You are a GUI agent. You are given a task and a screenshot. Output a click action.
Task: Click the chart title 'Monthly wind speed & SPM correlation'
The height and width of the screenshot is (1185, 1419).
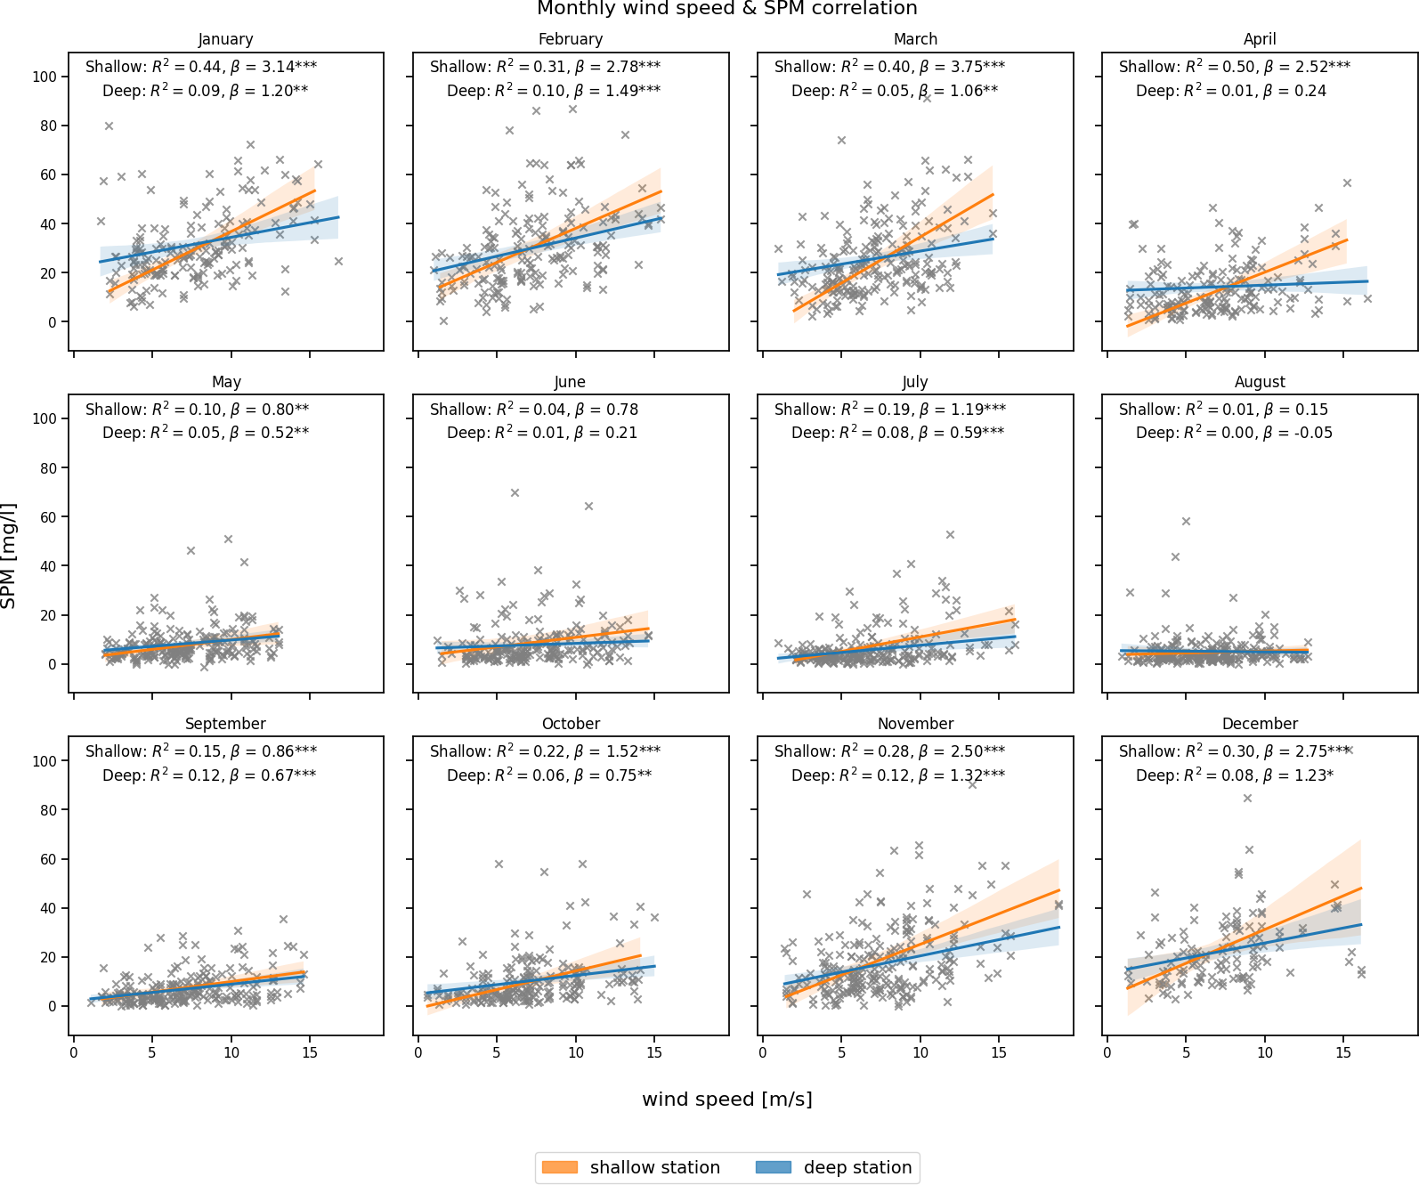click(x=726, y=9)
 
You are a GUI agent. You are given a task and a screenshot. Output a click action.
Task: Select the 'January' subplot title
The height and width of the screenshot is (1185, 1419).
click(x=225, y=39)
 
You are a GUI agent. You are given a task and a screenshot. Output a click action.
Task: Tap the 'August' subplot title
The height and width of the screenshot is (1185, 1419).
click(x=1260, y=382)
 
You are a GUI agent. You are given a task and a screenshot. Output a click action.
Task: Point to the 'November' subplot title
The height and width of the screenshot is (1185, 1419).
click(x=915, y=724)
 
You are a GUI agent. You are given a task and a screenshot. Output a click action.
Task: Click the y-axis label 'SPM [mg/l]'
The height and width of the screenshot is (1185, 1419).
click(x=9, y=556)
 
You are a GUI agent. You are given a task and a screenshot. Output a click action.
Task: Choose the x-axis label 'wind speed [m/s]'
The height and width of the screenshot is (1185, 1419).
click(x=726, y=1100)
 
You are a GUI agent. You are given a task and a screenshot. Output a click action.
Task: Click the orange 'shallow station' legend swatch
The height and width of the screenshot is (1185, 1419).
click(x=559, y=1167)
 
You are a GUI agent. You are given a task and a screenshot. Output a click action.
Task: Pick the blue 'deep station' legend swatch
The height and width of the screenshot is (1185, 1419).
click(x=773, y=1167)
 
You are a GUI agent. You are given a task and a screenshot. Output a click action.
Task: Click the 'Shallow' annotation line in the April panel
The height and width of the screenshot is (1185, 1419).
click(x=1234, y=67)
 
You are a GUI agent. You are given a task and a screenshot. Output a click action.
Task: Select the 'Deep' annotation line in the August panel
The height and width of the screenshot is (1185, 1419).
click(x=1234, y=433)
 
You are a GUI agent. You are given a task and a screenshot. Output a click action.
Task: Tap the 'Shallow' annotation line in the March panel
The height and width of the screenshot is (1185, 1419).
click(x=889, y=67)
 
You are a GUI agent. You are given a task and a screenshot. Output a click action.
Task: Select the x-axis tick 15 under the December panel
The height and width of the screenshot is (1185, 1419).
click(x=1343, y=1052)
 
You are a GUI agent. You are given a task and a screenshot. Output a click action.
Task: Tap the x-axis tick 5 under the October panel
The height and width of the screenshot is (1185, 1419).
click(x=497, y=1052)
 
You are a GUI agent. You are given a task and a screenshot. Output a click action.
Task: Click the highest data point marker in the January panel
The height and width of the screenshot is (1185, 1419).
click(x=109, y=126)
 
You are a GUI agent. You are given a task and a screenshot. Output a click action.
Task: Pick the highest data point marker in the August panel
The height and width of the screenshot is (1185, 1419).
click(x=1186, y=522)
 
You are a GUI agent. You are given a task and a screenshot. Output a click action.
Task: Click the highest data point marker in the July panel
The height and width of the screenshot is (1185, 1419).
click(x=950, y=535)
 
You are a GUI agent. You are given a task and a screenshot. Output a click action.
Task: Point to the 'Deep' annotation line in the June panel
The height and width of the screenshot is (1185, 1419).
click(x=542, y=433)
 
